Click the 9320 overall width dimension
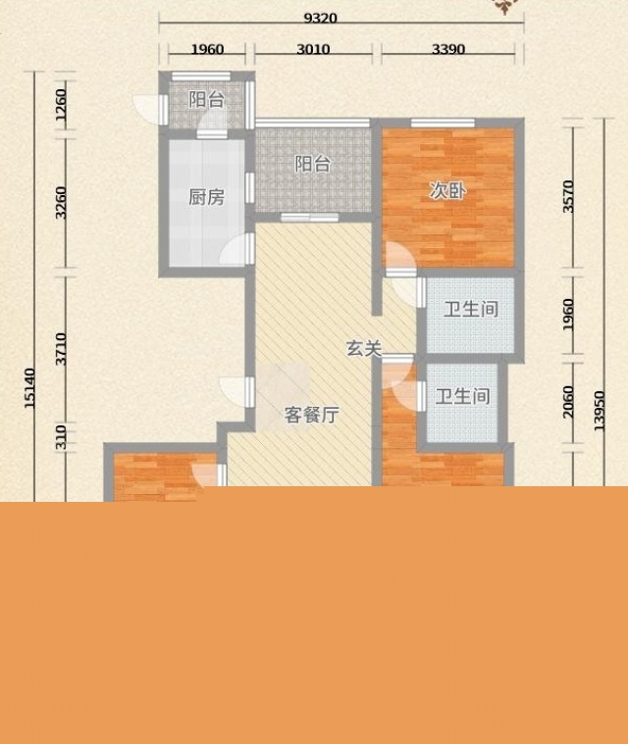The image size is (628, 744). click(x=321, y=18)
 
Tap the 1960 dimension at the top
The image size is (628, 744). click(x=207, y=49)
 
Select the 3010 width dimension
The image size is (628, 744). click(x=313, y=49)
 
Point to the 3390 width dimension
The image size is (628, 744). click(x=448, y=49)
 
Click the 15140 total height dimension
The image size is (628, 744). click(x=29, y=388)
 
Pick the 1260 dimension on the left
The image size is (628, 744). click(x=61, y=105)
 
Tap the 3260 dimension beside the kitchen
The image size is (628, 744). click(x=61, y=203)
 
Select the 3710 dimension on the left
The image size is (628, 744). click(x=61, y=349)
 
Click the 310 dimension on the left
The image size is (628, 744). click(x=61, y=437)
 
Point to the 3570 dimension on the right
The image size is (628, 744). click(x=568, y=196)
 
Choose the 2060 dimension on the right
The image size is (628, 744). click(x=568, y=402)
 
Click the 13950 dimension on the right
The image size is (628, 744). click(x=599, y=411)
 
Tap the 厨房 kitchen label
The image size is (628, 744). click(x=206, y=197)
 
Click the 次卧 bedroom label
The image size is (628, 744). click(x=447, y=190)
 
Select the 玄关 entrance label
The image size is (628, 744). click(x=364, y=349)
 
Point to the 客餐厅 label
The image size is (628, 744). click(x=312, y=415)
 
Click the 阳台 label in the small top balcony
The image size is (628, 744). click(x=207, y=100)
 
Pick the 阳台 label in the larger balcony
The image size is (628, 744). click(x=313, y=164)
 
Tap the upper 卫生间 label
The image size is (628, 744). click(x=471, y=310)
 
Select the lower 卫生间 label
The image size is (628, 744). click(x=463, y=396)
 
